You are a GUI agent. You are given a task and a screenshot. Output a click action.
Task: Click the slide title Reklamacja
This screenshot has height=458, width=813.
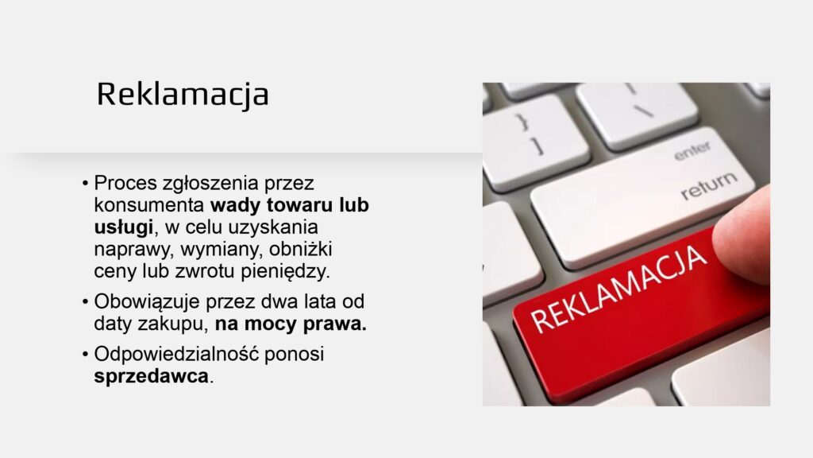coord(183,95)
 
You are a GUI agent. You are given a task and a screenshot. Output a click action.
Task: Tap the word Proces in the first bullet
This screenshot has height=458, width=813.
coord(125,183)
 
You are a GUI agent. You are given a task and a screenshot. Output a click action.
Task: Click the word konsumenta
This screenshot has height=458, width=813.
coord(149,205)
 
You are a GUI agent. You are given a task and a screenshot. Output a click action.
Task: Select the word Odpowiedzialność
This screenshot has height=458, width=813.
coord(176,354)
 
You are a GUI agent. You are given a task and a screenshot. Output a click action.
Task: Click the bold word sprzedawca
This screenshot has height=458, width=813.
coord(151,376)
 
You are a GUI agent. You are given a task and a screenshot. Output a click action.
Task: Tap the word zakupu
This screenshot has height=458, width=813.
coord(173,324)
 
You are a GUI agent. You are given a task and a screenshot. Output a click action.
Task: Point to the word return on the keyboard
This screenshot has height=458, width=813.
coord(709,184)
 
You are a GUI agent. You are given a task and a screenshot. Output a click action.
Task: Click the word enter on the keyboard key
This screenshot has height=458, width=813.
coord(692,150)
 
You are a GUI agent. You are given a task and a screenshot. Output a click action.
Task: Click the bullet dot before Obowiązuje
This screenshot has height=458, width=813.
coord(86,302)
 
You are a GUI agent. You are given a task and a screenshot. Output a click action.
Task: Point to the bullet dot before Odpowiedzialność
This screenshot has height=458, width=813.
coord(86,355)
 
